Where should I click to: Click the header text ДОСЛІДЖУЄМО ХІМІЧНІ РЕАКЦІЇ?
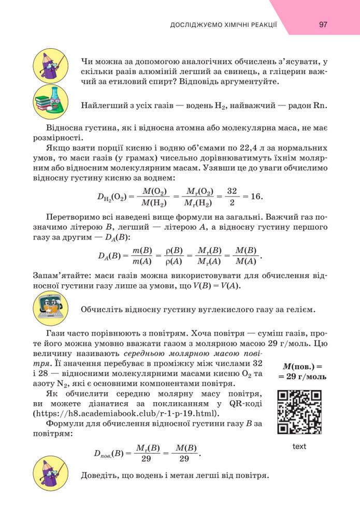click(x=224, y=25)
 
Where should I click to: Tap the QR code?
click(x=299, y=412)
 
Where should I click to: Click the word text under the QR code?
click(x=299, y=446)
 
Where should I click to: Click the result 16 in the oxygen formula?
click(x=256, y=197)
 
